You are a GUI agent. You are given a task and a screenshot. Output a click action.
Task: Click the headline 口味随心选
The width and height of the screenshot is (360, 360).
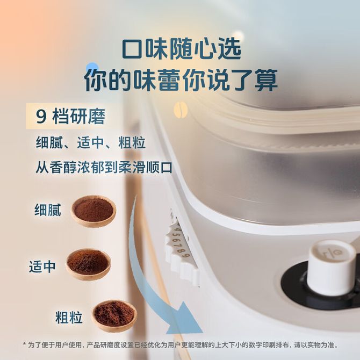coord(182,49)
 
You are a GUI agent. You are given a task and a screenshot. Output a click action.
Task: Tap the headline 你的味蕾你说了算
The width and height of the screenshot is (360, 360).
coord(181,80)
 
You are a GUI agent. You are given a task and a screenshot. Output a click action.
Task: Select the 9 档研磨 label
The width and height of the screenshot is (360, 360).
coord(70,117)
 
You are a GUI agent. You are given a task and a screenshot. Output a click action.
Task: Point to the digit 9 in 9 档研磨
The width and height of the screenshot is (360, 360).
coord(41,117)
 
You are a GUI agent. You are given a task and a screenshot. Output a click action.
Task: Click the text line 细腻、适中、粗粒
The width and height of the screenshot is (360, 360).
coord(91,143)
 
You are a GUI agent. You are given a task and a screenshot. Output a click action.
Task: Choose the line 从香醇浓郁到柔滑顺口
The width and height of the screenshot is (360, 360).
coord(104,167)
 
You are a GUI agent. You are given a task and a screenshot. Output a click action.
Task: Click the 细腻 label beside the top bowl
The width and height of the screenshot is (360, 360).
coord(48,210)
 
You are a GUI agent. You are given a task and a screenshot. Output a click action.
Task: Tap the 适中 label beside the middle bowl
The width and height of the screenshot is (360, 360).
coord(42,267)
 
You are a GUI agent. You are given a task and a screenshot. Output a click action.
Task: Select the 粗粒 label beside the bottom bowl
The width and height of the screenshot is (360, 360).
coord(69,317)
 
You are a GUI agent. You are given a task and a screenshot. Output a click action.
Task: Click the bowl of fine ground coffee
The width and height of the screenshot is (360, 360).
coord(93,211)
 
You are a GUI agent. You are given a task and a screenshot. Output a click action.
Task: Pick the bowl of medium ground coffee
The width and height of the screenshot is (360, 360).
coord(88,264)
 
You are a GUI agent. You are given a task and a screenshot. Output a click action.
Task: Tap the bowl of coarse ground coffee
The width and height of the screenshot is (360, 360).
coord(114,316)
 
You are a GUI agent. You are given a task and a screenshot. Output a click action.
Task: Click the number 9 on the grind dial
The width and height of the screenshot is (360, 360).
coord(188,256)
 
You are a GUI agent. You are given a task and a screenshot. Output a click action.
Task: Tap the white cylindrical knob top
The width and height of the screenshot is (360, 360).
coord(331,267)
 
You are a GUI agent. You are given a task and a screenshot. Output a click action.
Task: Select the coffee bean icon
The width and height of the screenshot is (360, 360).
coord(181,110)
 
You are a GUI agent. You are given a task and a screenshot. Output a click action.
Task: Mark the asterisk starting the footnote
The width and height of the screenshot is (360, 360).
coord(24,344)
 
